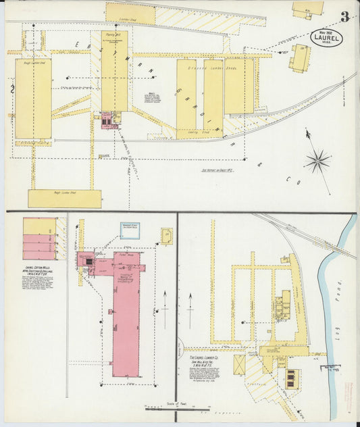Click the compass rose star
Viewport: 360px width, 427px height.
[317, 161]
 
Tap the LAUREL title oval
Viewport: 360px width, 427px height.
[327, 37]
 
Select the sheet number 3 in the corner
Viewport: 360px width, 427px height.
[344, 17]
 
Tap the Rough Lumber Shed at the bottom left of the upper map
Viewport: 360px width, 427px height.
[64, 198]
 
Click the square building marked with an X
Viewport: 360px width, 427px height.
[239, 365]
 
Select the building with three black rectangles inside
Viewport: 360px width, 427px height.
[290, 379]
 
